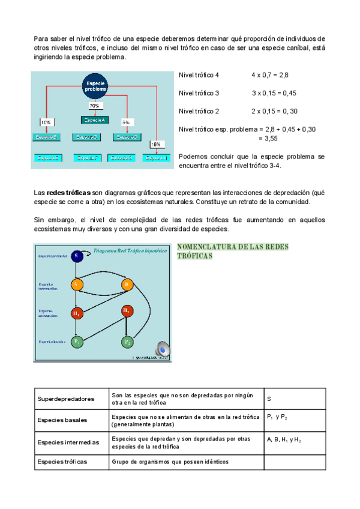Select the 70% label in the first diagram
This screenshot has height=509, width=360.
pyautogui.click(x=95, y=106)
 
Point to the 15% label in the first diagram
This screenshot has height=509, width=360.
pyautogui.click(x=155, y=145)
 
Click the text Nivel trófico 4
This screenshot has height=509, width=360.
pyautogui.click(x=199, y=76)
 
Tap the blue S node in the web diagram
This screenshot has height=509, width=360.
pyautogui.click(x=76, y=256)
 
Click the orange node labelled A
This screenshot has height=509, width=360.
pyautogui.click(x=77, y=285)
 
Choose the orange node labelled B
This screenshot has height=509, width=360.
pyautogui.click(x=127, y=285)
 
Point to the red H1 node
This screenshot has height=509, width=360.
pyautogui.click(x=77, y=313)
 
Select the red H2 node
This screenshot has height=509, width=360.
pyautogui.click(x=127, y=311)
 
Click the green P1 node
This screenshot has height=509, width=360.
pyautogui.click(x=77, y=342)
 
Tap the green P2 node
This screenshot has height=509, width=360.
pyautogui.click(x=127, y=342)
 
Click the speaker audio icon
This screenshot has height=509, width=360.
pyautogui.click(x=162, y=349)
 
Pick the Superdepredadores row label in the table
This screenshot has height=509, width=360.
pyautogui.click(x=66, y=399)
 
